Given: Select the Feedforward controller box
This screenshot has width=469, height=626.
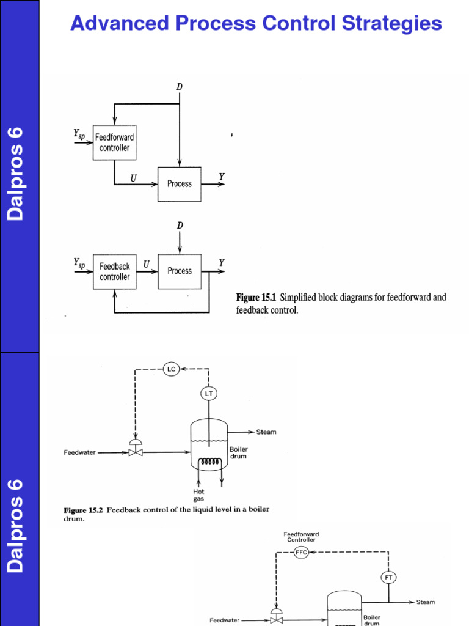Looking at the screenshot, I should tap(114, 142).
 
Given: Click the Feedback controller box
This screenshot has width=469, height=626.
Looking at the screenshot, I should tap(114, 271).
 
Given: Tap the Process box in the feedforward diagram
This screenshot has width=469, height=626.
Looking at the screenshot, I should tap(179, 183).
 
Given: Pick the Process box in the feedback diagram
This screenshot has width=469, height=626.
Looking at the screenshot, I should tap(179, 271).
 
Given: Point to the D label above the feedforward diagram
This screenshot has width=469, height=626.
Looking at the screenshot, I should tap(179, 87).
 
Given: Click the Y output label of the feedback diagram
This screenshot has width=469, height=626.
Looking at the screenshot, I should tap(221, 263).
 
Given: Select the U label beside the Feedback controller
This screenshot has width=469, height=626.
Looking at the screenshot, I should tap(146, 263).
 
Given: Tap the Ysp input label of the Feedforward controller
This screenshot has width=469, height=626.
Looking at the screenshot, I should tap(79, 133).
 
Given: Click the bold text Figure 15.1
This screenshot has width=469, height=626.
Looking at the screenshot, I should tap(256, 298).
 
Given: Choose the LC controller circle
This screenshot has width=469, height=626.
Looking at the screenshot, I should tap(171, 369).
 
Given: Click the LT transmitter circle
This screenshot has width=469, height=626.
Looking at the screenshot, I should tap(209, 394).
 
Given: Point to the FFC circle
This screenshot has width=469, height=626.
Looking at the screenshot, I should tap(302, 552).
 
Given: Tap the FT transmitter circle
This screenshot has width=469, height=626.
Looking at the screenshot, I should tap(388, 576).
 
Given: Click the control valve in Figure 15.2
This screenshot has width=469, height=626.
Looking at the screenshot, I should tap(135, 451).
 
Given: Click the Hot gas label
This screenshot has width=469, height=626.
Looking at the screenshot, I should tap(199, 495).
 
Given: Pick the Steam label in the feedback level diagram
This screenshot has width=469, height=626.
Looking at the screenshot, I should tap(266, 432).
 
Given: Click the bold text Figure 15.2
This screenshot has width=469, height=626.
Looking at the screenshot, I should tap(84, 509).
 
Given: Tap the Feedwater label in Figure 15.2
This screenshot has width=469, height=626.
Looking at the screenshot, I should tap(79, 453).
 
